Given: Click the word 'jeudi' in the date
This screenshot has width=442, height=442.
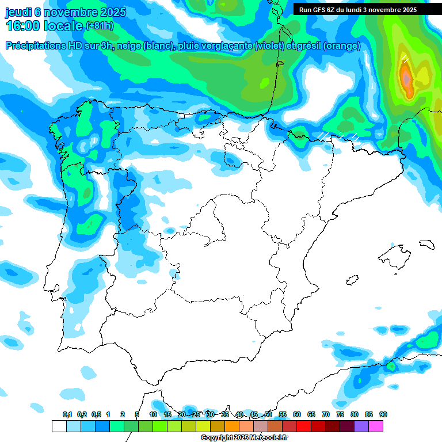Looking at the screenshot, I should tap(18, 12).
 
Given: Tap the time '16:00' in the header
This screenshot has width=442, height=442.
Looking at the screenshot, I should tap(23, 26).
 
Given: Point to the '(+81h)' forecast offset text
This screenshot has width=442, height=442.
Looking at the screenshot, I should tap(100, 26).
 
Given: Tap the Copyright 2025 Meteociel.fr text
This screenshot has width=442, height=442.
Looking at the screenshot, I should tap(244, 438).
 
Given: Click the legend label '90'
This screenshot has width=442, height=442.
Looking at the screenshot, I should tap(383, 414).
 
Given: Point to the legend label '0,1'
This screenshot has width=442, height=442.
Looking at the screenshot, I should tap(67, 414).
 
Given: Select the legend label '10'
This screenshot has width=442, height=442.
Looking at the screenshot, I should tap(153, 414).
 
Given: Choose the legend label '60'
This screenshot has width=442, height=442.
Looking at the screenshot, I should tap(297, 414).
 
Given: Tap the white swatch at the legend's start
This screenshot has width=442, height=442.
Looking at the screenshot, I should tap(59, 426).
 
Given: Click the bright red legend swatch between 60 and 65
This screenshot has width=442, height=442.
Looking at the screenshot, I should tap(304, 426).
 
